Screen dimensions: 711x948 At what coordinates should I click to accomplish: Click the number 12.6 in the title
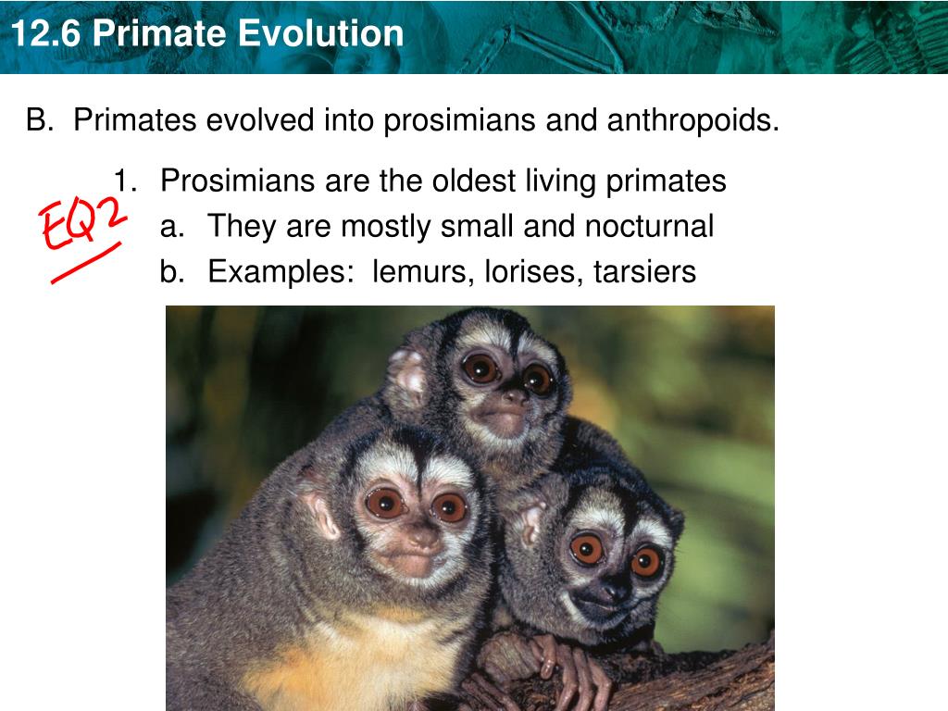tap(47, 34)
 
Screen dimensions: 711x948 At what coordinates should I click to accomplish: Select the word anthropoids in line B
tap(692, 119)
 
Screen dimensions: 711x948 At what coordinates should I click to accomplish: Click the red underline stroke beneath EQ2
tap(86, 262)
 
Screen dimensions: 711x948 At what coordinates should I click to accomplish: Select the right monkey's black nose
tap(616, 588)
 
